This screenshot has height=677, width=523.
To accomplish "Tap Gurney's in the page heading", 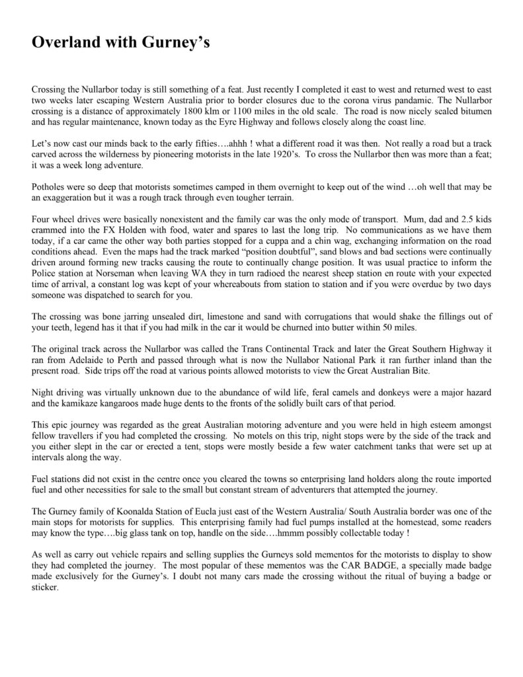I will tap(178, 45).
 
